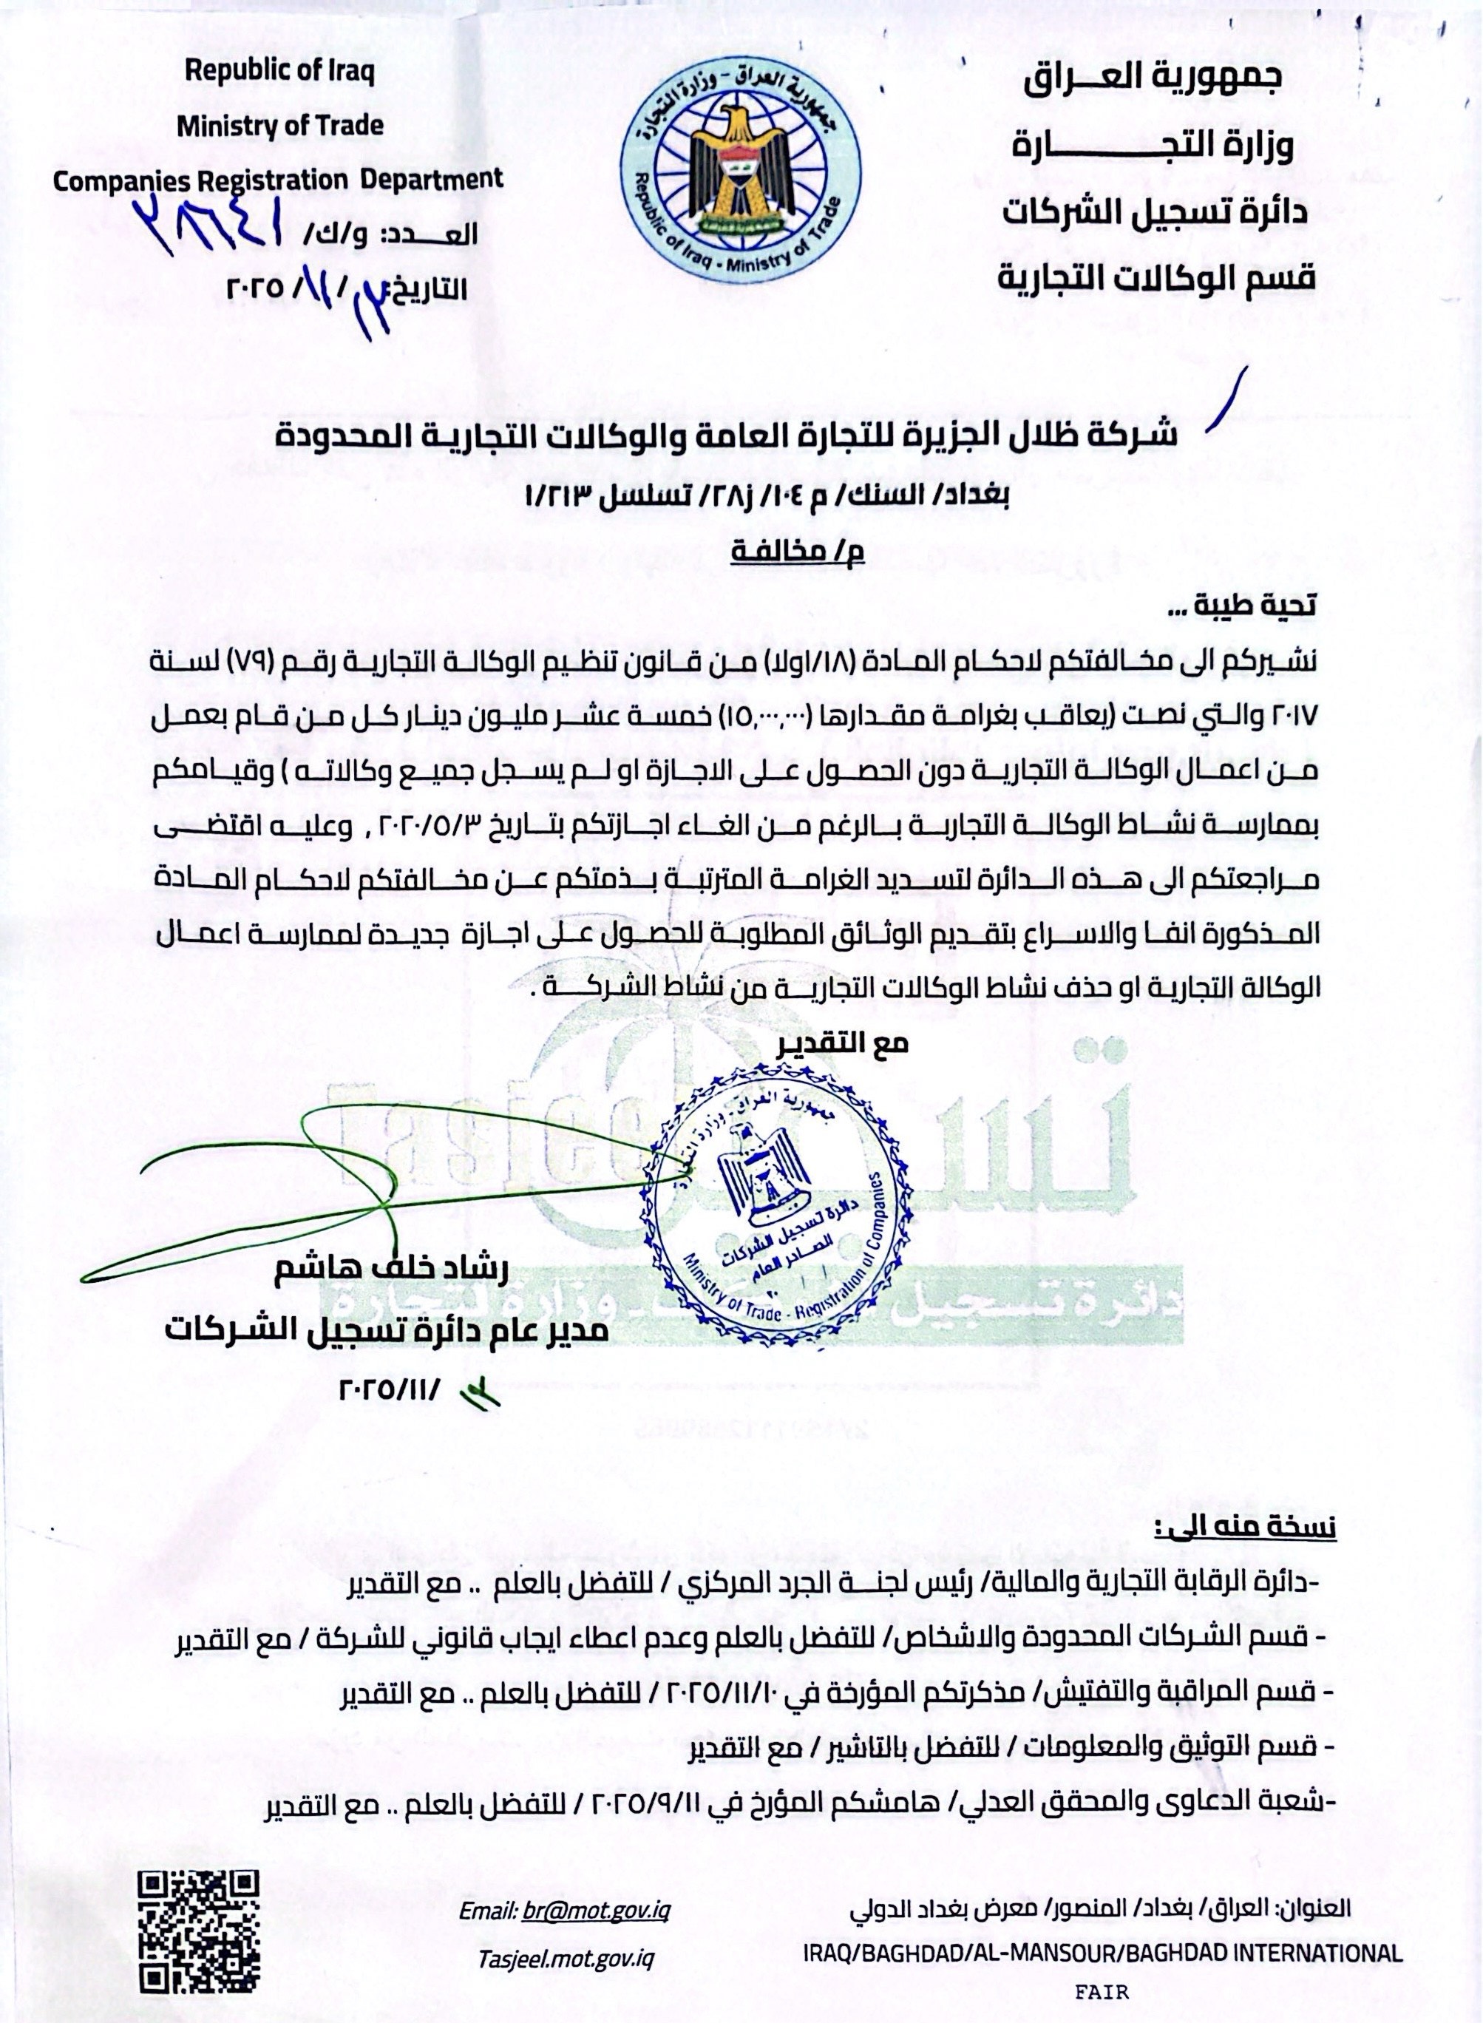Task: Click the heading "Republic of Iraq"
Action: (x=279, y=72)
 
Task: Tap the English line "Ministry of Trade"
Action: (x=279, y=126)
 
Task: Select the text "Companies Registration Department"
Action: (x=278, y=180)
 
